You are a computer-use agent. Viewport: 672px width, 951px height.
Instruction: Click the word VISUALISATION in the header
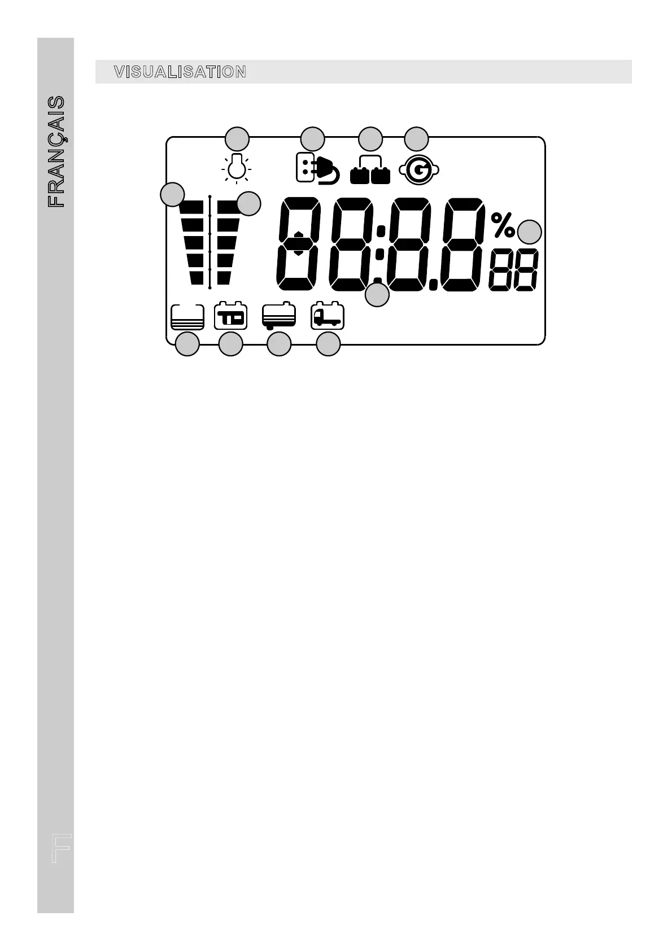[x=180, y=72]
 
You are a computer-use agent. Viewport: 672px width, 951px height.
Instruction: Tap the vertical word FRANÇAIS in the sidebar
[x=56, y=151]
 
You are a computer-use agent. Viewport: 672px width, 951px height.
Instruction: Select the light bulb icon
[x=237, y=167]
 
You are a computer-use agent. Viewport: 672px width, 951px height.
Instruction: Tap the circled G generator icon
[x=419, y=170]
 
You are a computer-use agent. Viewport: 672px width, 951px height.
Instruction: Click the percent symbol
[x=503, y=225]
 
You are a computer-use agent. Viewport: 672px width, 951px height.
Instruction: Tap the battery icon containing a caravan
[x=231, y=317]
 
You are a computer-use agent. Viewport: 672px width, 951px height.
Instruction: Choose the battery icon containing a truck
[x=328, y=316]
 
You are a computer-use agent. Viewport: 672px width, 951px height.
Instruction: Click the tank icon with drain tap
[x=279, y=317]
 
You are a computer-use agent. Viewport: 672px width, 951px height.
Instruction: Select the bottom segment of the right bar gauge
[x=224, y=277]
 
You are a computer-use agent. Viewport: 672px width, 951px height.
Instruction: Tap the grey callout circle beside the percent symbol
[x=530, y=232]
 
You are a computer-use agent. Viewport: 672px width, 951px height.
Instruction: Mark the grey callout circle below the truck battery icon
[x=328, y=344]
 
